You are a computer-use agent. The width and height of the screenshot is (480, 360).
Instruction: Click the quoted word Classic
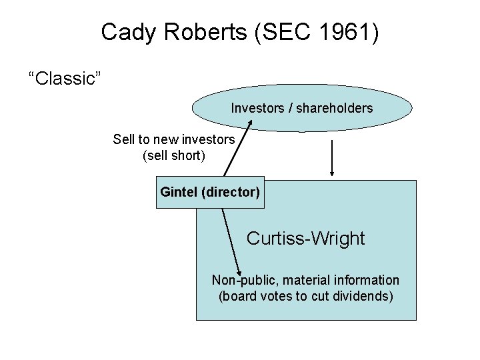64,79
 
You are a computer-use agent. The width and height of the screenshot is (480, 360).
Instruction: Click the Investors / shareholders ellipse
302,107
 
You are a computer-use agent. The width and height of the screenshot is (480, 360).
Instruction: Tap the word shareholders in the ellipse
335,108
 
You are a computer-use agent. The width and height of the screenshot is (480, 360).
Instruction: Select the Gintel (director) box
210,192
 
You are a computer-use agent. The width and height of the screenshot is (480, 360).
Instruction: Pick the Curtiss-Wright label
305,238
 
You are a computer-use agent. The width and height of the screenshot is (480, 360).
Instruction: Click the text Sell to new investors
174,139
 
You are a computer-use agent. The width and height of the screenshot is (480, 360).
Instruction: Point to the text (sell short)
174,156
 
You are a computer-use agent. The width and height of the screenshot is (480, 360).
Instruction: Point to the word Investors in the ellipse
257,108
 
